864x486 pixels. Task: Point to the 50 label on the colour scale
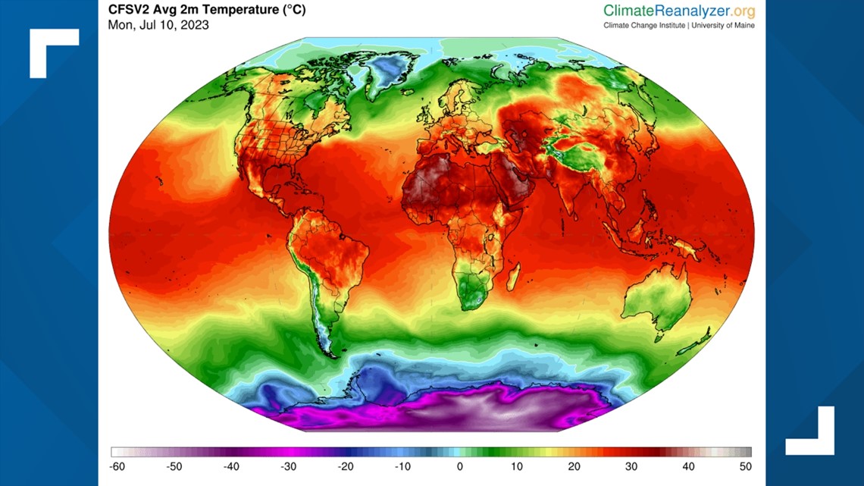(x=745, y=467)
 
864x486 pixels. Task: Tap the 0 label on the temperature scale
(x=460, y=467)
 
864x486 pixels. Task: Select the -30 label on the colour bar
(x=288, y=467)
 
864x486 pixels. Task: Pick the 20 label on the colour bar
(x=574, y=467)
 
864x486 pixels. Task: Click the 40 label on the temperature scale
(x=688, y=467)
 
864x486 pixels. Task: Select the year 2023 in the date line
(x=195, y=25)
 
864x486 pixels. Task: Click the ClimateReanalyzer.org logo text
(x=679, y=11)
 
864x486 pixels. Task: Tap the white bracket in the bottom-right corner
(x=811, y=431)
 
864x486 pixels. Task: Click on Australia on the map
(x=656, y=299)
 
